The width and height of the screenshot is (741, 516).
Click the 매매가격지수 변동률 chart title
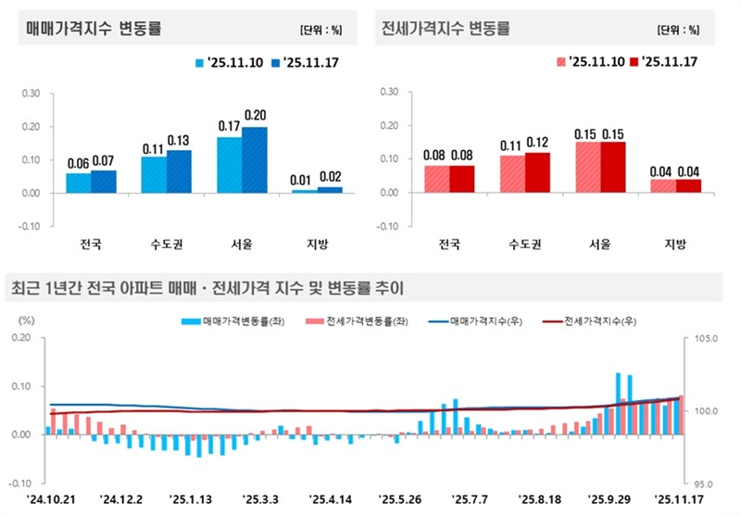[94, 29]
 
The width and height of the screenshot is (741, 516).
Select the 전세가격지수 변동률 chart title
[446, 29]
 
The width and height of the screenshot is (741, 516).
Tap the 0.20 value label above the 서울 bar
[255, 115]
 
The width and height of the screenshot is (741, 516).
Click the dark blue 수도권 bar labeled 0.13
[179, 171]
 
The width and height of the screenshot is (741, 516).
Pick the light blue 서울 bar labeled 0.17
[230, 165]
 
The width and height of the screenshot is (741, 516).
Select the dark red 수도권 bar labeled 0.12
[537, 172]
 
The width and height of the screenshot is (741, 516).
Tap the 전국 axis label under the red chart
[448, 245]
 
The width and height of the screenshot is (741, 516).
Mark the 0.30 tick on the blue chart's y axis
[31, 93]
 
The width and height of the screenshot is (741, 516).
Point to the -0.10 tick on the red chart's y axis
[388, 226]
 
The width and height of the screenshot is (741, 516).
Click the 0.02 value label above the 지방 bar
[330, 176]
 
